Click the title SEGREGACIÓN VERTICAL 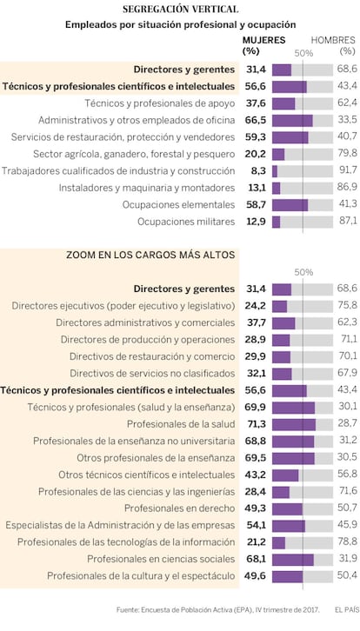(x=180, y=9)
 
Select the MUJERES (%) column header (x=263, y=45)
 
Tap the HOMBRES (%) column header (x=333, y=45)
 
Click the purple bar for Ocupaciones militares (x=276, y=222)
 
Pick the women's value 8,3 (x=258, y=171)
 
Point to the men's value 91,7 (x=347, y=171)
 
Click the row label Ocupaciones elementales (x=179, y=205)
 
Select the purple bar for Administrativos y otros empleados (x=292, y=120)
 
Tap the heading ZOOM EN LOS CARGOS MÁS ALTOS (x=150, y=255)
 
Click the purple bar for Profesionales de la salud (x=294, y=424)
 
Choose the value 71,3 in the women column (x=256, y=424)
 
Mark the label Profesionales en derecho (x=180, y=508)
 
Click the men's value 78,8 (x=347, y=542)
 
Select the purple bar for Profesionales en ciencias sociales (x=293, y=559)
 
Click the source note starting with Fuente (x=218, y=610)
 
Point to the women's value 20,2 (x=256, y=154)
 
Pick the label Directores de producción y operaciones (x=148, y=340)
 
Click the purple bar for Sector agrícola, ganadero (x=278, y=154)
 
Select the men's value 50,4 (x=347, y=576)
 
